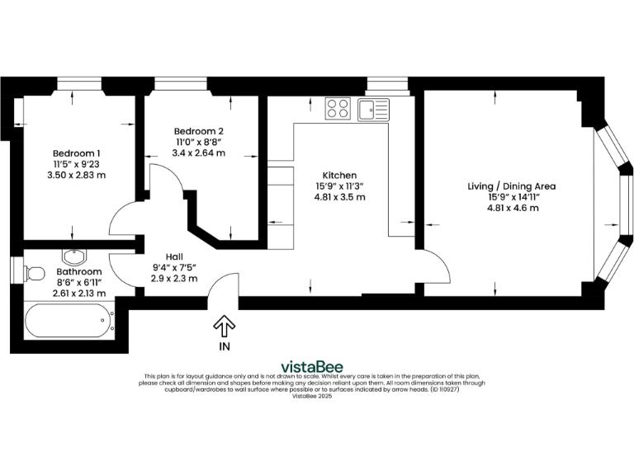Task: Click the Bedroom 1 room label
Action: coord(77,153)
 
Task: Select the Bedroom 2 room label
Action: coord(198,131)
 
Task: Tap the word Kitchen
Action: coord(339,176)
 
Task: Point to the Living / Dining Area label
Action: coord(513,186)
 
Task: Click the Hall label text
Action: coord(174,256)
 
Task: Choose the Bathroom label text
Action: coord(79,271)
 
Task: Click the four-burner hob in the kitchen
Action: coord(338,109)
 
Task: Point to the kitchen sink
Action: coord(374,109)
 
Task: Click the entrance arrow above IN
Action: coord(224,324)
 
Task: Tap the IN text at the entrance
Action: coord(224,347)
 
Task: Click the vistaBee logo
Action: coord(312,367)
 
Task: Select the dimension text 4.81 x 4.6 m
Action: coord(513,208)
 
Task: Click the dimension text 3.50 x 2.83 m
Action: coord(77,175)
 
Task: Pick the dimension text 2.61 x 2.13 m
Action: coord(79,293)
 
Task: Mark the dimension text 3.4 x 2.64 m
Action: coord(198,153)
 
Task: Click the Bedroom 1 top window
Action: coord(78,82)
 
